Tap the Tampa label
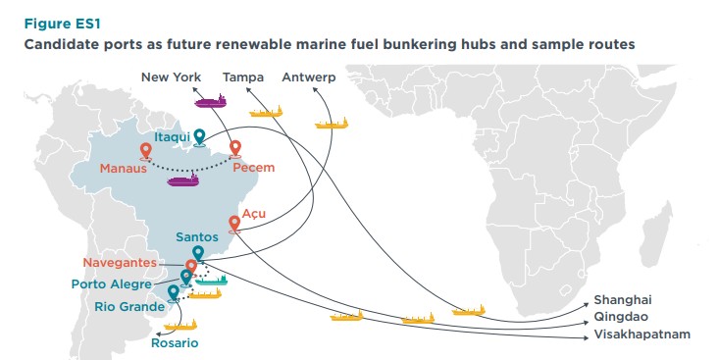click(x=242, y=77)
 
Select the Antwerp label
click(x=308, y=77)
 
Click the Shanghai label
click(x=623, y=300)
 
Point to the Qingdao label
click(x=620, y=318)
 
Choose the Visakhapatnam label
click(x=641, y=334)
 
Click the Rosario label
click(x=175, y=343)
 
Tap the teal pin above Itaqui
click(x=199, y=136)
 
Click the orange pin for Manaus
click(x=145, y=150)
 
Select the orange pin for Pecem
click(x=235, y=149)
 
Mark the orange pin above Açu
click(x=233, y=223)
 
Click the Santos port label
click(x=197, y=236)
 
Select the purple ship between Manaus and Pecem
click(x=183, y=180)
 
